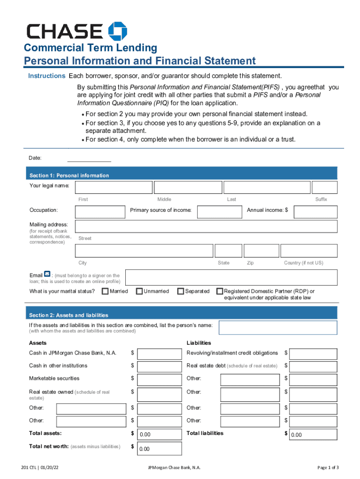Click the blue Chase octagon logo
(x=118, y=31)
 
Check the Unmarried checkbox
(x=139, y=291)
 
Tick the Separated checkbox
(x=180, y=291)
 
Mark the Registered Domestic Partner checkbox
(x=220, y=291)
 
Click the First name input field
(x=114, y=188)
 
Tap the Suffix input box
(x=324, y=188)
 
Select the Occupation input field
(x=99, y=212)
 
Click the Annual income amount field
(x=315, y=212)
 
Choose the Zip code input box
(x=261, y=251)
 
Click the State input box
(x=228, y=251)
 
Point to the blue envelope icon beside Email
(x=47, y=274)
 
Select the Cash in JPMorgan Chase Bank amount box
(x=159, y=354)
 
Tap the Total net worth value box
(x=159, y=449)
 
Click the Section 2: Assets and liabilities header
(x=69, y=315)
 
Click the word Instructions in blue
(x=46, y=76)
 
